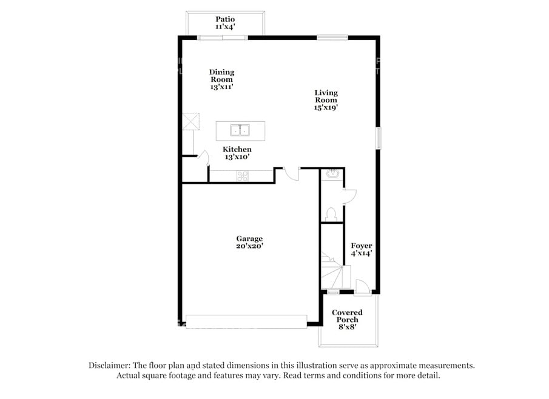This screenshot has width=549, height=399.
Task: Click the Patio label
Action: [x=225, y=19]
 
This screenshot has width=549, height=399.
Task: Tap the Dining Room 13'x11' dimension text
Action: [x=221, y=87]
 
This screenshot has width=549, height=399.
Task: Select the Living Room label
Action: [x=326, y=96]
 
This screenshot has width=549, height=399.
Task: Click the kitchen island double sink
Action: [x=240, y=130]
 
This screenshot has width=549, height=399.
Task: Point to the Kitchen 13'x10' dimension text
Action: [x=237, y=157]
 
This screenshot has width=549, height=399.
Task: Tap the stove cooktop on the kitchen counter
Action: [x=242, y=176]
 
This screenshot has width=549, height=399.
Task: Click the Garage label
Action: [x=249, y=239]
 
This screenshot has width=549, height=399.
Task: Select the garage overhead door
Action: [x=246, y=321]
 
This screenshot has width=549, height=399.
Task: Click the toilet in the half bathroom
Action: [x=331, y=214]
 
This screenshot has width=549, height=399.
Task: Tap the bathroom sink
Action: [x=332, y=173]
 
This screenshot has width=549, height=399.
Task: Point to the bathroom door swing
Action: [x=350, y=196]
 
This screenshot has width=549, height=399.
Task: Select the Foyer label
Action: [x=362, y=246]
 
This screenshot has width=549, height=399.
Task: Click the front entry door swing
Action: [x=362, y=286]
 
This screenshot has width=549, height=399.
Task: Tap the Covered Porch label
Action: [x=347, y=316]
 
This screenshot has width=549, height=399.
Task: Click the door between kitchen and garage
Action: [x=291, y=174]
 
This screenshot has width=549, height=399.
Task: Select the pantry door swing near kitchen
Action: [x=204, y=158]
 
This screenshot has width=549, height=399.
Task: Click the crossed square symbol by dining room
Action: [x=191, y=121]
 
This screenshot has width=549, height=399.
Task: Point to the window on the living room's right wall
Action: [x=379, y=138]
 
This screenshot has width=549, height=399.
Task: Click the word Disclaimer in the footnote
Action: [x=109, y=366]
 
